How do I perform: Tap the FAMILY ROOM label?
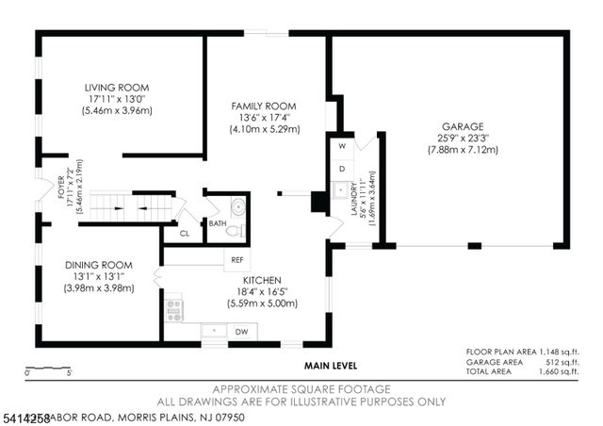[x=263, y=106]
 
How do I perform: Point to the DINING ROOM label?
[x=98, y=265]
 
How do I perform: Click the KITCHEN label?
[x=262, y=281]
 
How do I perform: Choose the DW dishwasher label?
[x=241, y=332]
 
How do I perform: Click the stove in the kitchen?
[x=174, y=309]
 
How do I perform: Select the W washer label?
[x=343, y=147]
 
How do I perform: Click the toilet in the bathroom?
[x=237, y=230]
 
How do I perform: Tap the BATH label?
[x=218, y=223]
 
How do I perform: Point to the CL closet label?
[x=185, y=233]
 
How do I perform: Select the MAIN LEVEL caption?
[x=329, y=365]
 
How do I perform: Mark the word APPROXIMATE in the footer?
[x=248, y=389]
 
